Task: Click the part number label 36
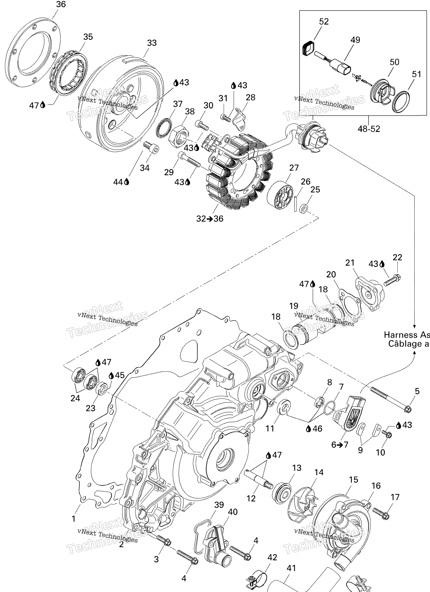tap(61, 4)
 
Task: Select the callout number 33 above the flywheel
tap(152, 43)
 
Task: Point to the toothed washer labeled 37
tap(164, 126)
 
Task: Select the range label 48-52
tap(369, 129)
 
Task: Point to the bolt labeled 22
tap(392, 280)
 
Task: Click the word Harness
tap(400, 335)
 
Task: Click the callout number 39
tap(219, 505)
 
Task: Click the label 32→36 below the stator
tap(210, 218)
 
